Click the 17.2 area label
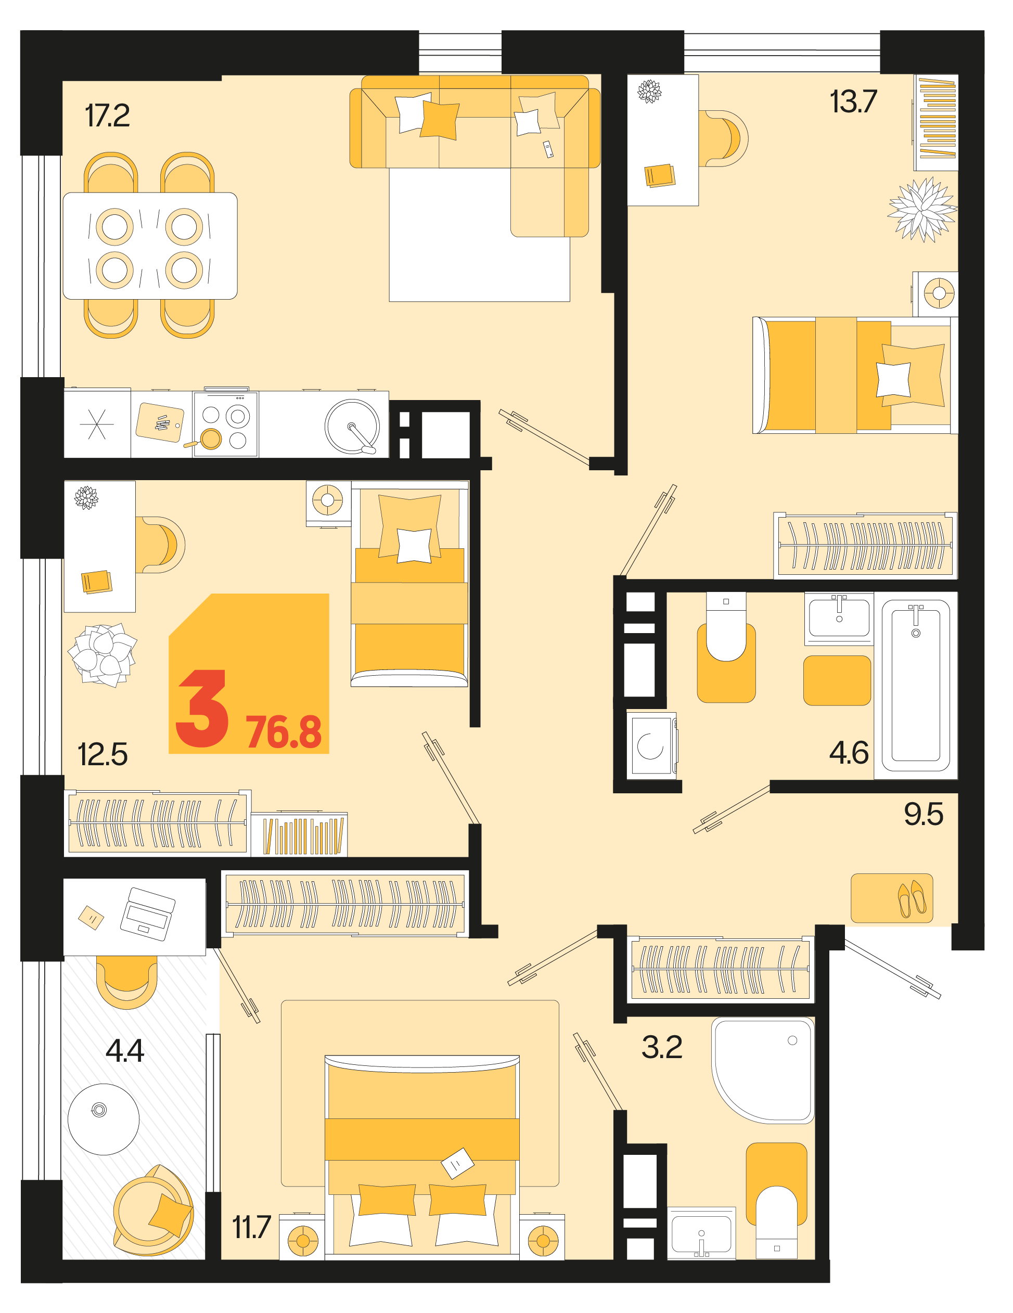click(x=107, y=116)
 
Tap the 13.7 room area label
click(x=853, y=101)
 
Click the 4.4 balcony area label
click(x=124, y=1050)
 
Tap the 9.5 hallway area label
click(x=924, y=814)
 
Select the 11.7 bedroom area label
click(x=251, y=1227)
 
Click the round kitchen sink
click(x=352, y=426)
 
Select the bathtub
click(x=916, y=685)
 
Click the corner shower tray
click(x=763, y=1070)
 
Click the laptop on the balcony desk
click(x=148, y=914)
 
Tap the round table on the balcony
click(x=104, y=1119)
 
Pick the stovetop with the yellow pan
click(x=225, y=424)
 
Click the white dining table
click(x=150, y=246)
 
